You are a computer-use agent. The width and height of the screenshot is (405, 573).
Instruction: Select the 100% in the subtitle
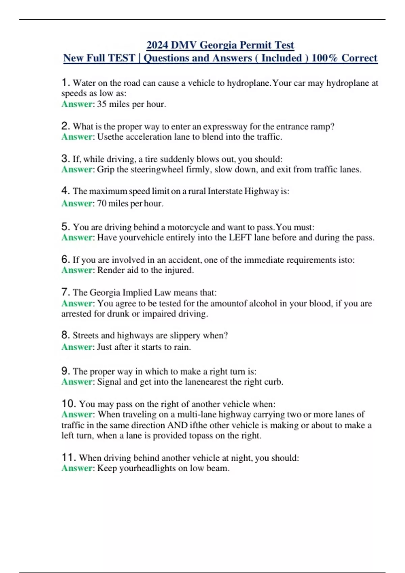[324, 58]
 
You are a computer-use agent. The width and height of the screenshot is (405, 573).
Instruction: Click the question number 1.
[65, 82]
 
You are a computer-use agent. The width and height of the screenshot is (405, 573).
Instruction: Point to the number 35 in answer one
[102, 104]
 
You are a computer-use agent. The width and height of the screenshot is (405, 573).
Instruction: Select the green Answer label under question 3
[77, 169]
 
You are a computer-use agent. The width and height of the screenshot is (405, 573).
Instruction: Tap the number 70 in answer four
[102, 203]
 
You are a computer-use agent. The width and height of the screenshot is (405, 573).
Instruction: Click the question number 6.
[65, 259]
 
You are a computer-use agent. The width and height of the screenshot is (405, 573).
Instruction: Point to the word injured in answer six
[179, 270]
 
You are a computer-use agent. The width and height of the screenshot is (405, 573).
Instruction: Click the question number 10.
[69, 403]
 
